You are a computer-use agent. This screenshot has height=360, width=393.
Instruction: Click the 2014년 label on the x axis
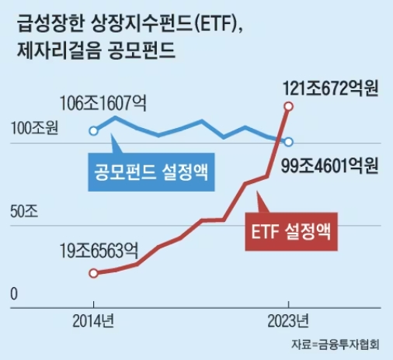[x=93, y=320]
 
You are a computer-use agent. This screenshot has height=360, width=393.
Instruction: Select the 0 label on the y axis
[x=13, y=294]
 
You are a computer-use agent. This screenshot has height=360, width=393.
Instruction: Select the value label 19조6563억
[x=99, y=251]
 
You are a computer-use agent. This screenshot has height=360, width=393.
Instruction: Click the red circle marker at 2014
[x=93, y=273]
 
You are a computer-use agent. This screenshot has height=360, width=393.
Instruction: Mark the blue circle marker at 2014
[x=93, y=130]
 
